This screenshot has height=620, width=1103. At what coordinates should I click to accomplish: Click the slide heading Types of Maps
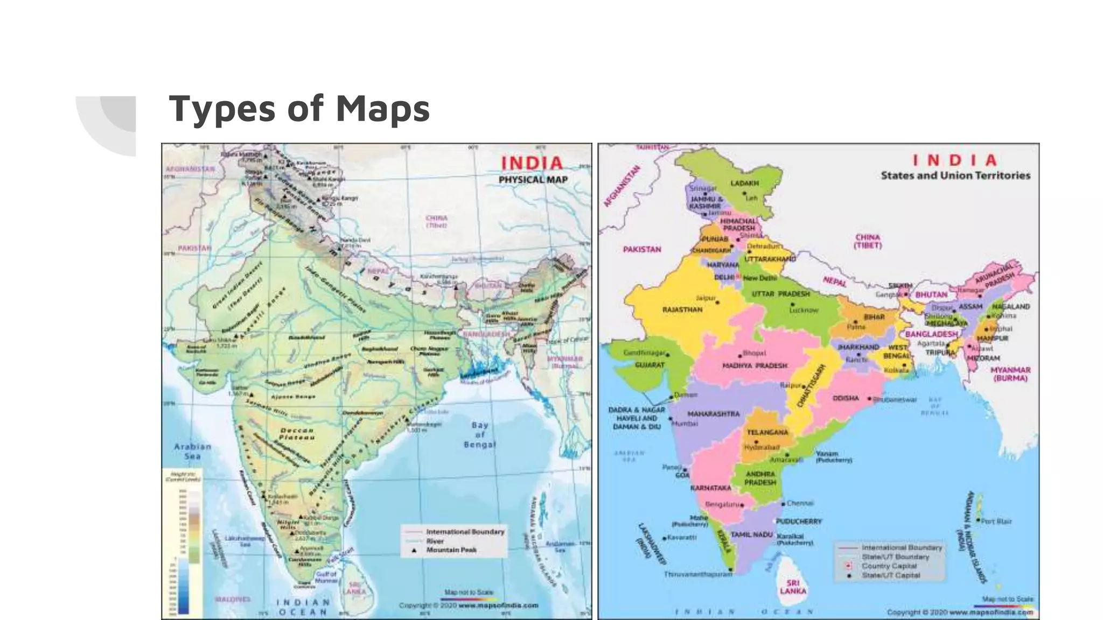(x=299, y=109)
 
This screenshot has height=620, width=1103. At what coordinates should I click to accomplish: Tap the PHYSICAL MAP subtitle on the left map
(x=533, y=180)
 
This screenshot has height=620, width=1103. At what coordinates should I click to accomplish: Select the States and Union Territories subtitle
(x=955, y=175)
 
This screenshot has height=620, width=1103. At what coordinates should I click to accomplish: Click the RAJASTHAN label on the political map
(x=682, y=310)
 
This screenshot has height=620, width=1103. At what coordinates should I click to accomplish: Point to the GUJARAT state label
(x=650, y=365)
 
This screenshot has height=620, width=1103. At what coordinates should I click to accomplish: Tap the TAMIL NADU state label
(x=751, y=535)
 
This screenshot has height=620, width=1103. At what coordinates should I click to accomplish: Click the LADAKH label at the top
(x=744, y=184)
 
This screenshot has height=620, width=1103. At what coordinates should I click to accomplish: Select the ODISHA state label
(x=846, y=398)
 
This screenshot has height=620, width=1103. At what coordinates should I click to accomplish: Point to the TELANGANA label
(x=767, y=432)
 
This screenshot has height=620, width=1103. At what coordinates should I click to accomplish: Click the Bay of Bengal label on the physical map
(x=479, y=435)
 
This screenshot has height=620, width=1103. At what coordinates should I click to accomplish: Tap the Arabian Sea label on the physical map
(x=192, y=451)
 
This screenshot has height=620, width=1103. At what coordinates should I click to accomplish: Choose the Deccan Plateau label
(x=297, y=434)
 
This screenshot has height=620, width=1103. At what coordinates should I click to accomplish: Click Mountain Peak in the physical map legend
(x=451, y=550)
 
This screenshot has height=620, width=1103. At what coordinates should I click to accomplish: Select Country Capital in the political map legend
(x=889, y=566)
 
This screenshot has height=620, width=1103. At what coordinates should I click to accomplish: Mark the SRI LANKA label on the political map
(x=793, y=587)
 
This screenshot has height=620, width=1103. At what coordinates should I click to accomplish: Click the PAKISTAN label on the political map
(x=641, y=250)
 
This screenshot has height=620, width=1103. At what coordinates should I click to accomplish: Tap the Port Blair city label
(x=996, y=522)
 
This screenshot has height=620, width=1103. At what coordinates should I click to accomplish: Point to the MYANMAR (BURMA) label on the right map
(x=1010, y=374)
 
